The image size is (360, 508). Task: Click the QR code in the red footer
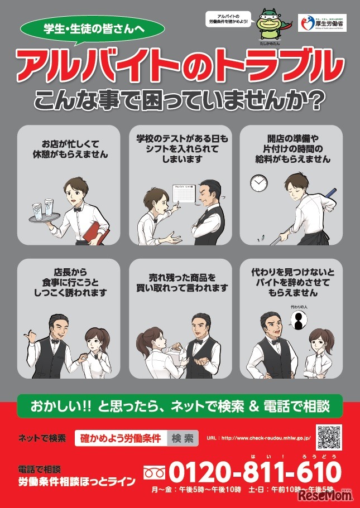coord(329,437)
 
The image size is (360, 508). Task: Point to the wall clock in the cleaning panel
coord(258,182)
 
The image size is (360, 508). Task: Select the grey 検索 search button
coord(183,438)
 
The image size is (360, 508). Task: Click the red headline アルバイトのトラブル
coord(179,65)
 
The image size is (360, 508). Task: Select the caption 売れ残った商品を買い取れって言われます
coord(180,282)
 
